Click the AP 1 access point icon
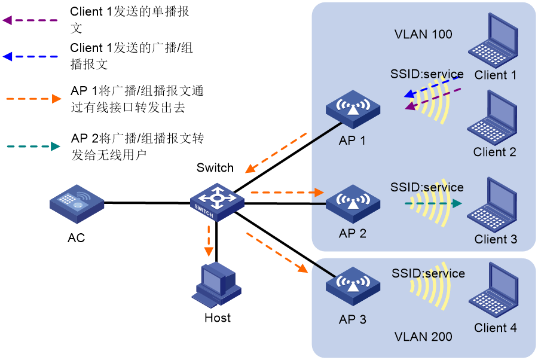(353, 109)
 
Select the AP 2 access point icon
(353, 203)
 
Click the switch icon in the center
(217, 202)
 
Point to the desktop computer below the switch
(216, 284)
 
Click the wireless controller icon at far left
(77, 204)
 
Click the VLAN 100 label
(423, 34)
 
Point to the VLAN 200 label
(423, 337)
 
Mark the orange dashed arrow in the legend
(33, 99)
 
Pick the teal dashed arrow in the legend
(33, 146)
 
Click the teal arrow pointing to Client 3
(433, 203)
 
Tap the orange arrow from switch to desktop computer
(209, 240)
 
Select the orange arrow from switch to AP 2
(286, 193)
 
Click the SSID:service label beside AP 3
(428, 273)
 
